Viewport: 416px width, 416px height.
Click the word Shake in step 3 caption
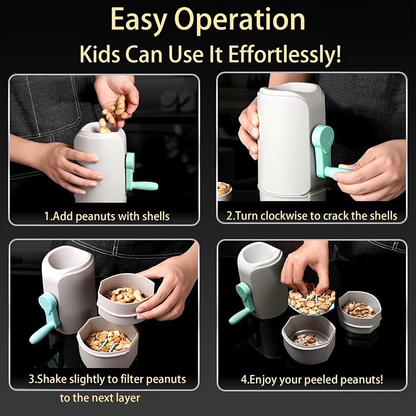click(x=52, y=379)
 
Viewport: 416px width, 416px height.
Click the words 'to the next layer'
click(x=100, y=398)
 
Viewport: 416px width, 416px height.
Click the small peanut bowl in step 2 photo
click(x=224, y=191)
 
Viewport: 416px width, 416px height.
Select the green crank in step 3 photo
click(x=46, y=317)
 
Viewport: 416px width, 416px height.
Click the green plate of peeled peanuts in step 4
click(x=311, y=300)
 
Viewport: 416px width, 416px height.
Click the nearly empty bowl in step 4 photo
click(x=309, y=338)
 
